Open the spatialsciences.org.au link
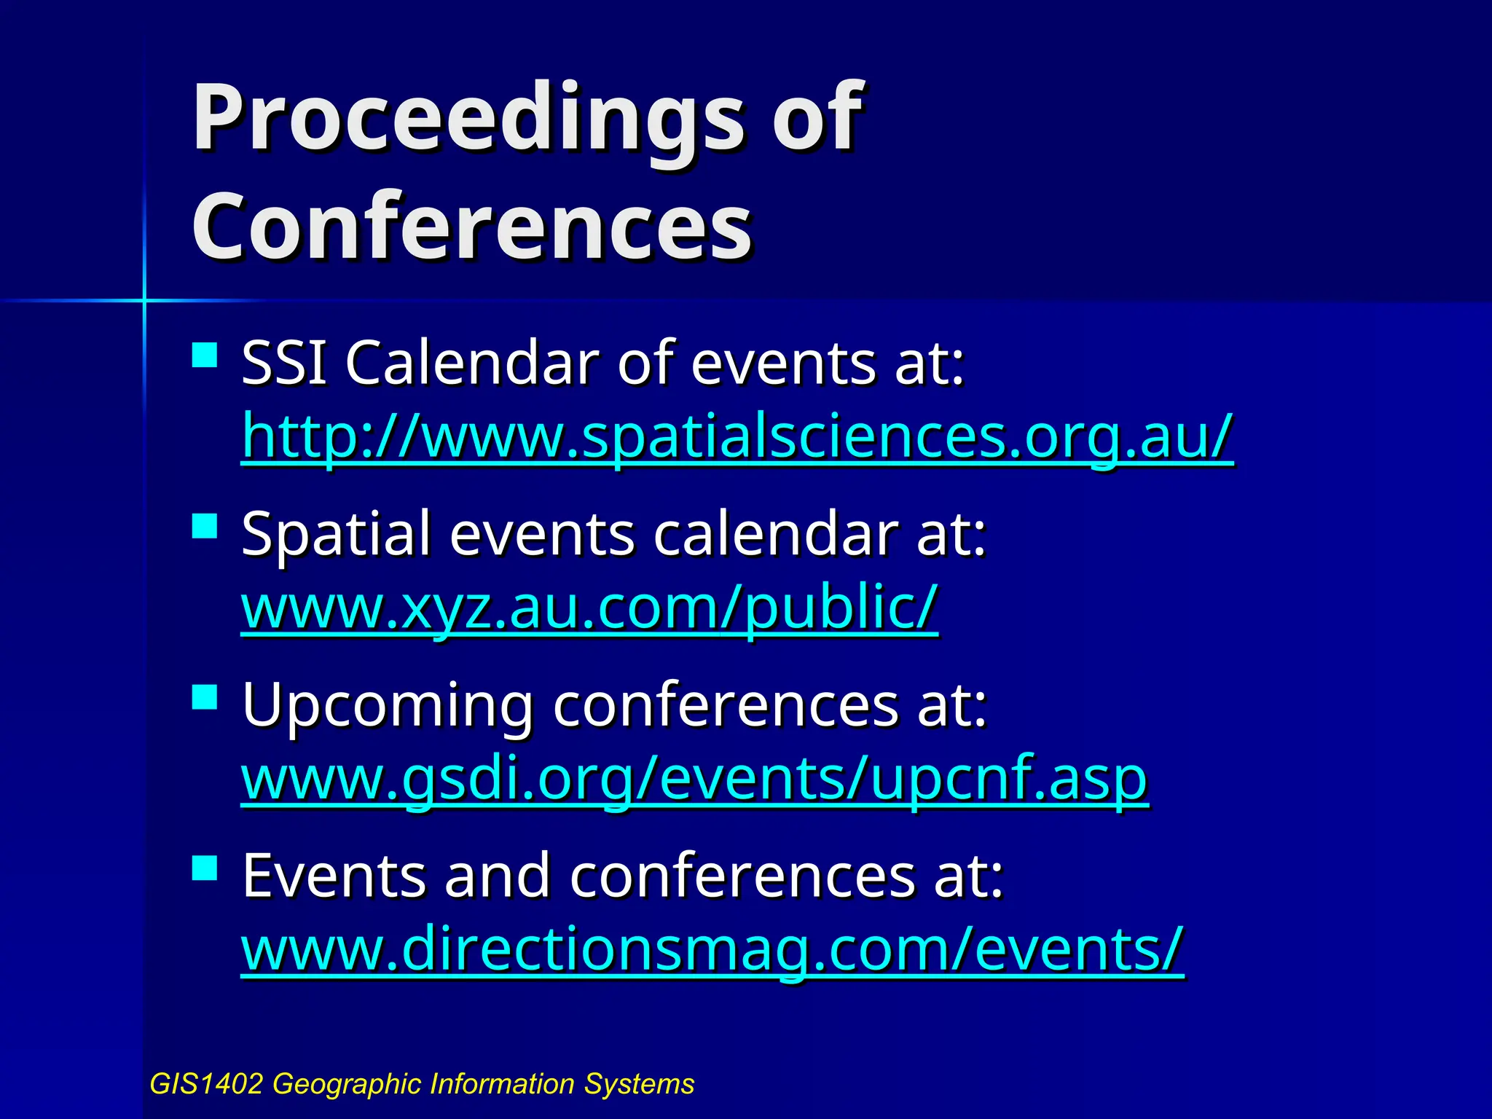[737, 436]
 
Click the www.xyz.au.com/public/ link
[589, 608]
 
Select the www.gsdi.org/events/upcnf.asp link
[694, 779]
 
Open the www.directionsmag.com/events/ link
[712, 949]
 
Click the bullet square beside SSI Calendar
[205, 356]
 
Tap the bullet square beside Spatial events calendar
[205, 526]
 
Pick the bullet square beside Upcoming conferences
[205, 696]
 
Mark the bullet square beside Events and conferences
[205, 868]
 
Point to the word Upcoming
[387, 705]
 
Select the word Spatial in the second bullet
[336, 535]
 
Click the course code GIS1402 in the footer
[205, 1084]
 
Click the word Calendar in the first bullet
[472, 363]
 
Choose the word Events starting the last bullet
[333, 876]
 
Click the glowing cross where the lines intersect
[144, 300]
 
